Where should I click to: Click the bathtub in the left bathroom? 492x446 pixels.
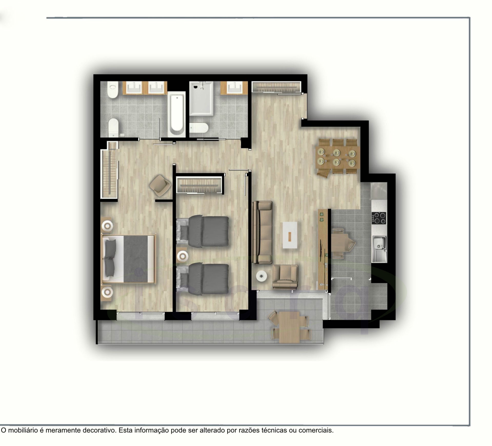[177, 114]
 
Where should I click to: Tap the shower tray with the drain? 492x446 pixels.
[201, 98]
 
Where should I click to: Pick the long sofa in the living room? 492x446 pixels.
[262, 232]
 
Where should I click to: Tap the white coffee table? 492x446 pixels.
[290, 235]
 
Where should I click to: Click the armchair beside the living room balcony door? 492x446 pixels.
[285, 277]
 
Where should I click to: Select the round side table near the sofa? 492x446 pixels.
[261, 276]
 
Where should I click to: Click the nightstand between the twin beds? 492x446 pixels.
[183, 256]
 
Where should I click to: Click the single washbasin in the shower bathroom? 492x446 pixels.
[234, 88]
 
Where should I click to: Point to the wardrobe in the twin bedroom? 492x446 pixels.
[199, 185]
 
